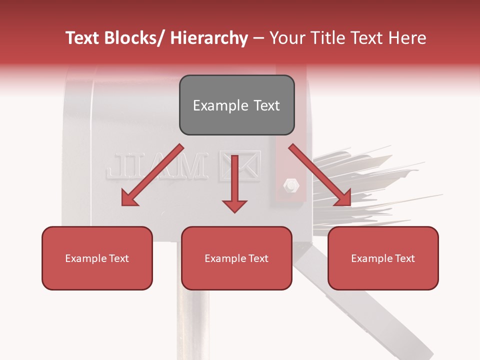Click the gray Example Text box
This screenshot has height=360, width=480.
coord(236,105)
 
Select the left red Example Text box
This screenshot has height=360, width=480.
coord(97,258)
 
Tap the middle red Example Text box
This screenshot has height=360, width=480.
coord(236,258)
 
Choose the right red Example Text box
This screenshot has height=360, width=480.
coord(383,258)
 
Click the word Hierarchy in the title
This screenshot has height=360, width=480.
coord(208,38)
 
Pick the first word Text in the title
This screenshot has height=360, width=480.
coord(82,38)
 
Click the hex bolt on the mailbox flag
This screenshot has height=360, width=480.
coord(290,185)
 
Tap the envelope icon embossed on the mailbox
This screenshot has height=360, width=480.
coord(240,166)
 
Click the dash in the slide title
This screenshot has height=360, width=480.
coord(258,38)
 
